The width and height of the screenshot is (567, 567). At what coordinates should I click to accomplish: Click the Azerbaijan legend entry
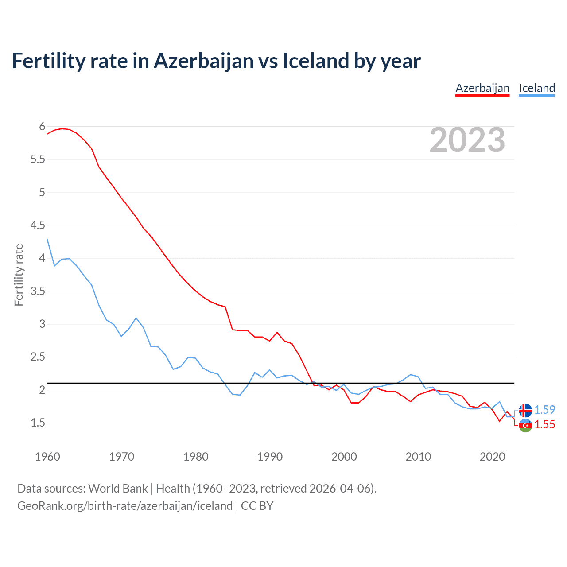coord(482,88)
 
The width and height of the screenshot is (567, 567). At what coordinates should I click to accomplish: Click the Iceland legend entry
coord(537,88)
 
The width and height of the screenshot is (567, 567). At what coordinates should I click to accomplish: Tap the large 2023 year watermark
coord(467,140)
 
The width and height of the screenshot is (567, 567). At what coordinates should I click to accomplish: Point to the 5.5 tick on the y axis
coord(38,159)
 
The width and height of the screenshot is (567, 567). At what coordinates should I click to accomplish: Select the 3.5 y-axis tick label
coord(38,291)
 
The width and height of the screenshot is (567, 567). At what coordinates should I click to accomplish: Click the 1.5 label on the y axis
coord(38,423)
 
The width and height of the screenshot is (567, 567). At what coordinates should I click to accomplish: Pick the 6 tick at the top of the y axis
coord(42,127)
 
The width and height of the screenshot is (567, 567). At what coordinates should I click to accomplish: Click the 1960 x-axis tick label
coord(47,457)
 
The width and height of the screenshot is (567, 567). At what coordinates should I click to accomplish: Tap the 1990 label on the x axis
coord(270,457)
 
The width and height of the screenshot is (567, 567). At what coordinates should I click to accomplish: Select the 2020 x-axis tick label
coord(492,457)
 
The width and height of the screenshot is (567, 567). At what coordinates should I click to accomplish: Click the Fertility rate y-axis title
coord(19,275)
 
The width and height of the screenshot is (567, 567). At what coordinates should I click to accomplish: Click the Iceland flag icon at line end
coord(525,410)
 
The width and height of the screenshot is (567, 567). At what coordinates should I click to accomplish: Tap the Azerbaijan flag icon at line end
coord(525,425)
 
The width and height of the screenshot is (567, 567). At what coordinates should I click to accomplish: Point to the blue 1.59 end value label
coord(544,410)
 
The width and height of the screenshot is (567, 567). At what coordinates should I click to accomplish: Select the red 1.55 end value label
coord(544,424)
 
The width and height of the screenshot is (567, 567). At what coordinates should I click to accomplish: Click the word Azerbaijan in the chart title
coord(204,61)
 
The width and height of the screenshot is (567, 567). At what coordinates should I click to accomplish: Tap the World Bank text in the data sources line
coord(118,489)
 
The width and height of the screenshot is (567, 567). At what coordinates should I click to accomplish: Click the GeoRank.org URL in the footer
coord(125,506)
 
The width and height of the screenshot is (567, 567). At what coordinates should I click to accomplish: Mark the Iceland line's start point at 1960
coord(47,239)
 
